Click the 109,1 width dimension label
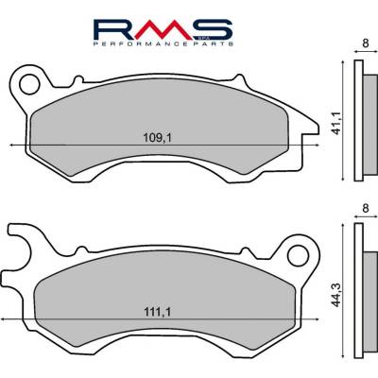click(x=158, y=138)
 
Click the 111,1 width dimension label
click(x=158, y=312)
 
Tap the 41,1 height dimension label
click(x=337, y=123)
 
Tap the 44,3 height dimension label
click(x=337, y=295)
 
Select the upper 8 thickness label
click(x=366, y=43)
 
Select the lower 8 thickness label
click(x=366, y=209)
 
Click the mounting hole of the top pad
click(x=29, y=84)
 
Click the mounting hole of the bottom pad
click(x=298, y=256)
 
